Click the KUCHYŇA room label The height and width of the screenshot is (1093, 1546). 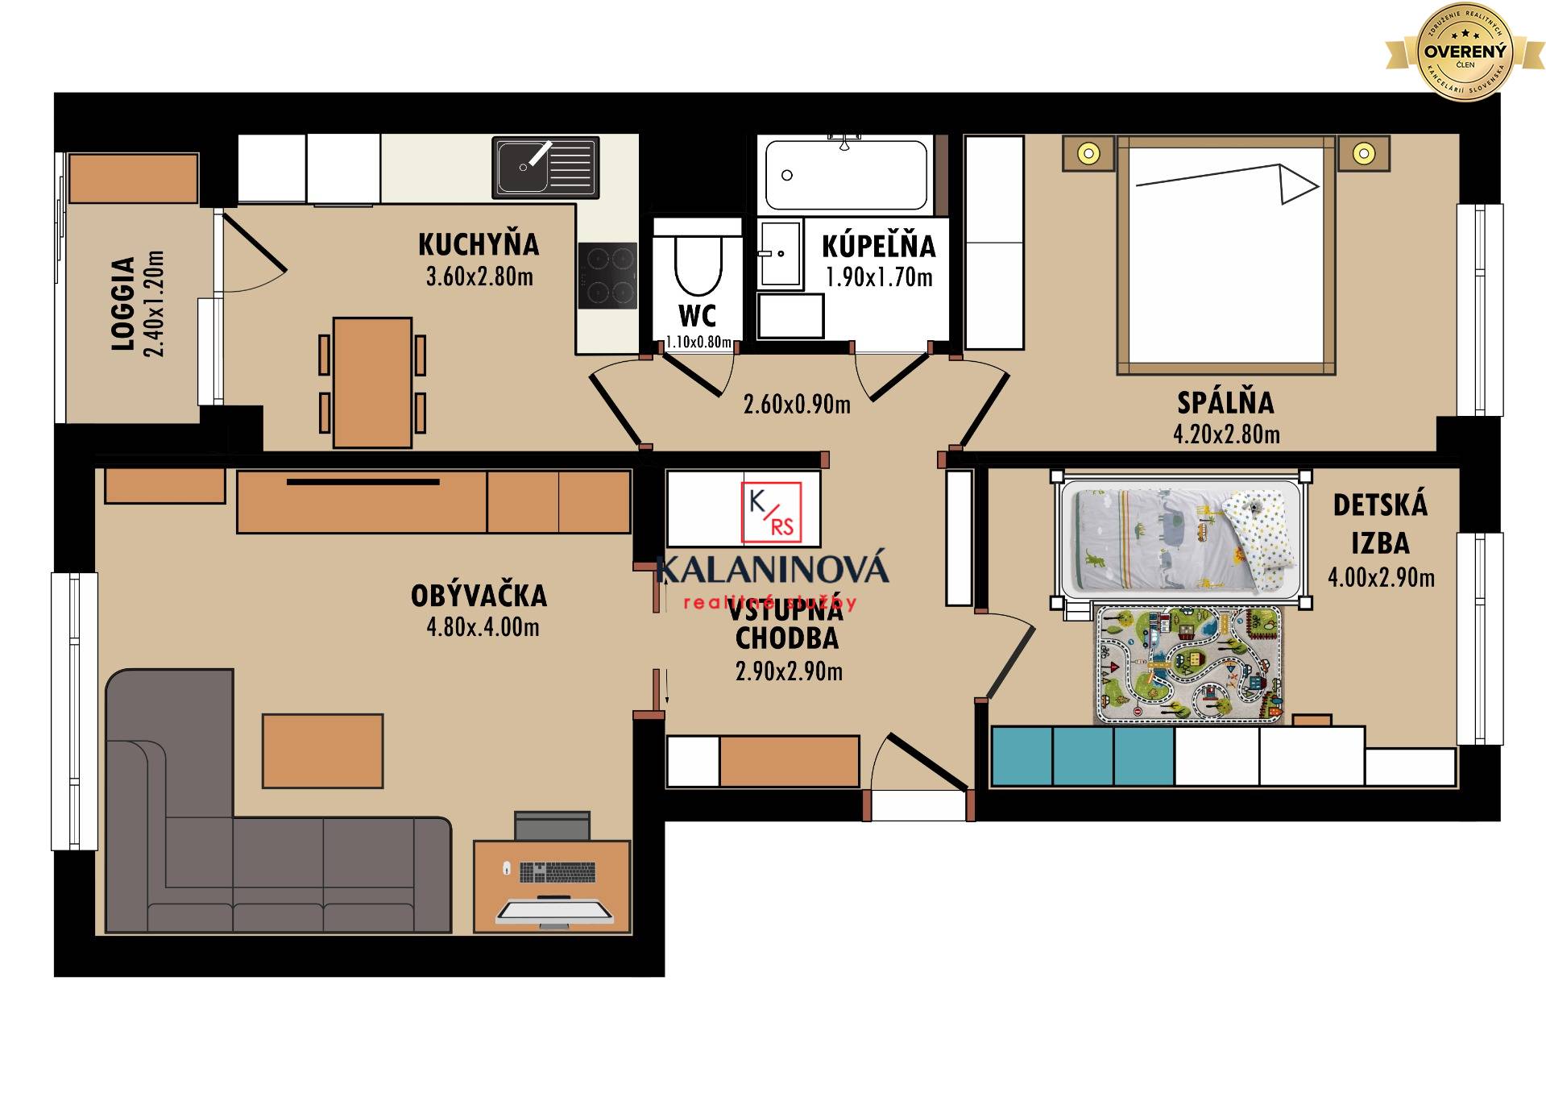pos(479,244)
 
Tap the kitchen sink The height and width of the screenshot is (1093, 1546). pos(545,168)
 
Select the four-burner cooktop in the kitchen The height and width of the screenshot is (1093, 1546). pos(607,275)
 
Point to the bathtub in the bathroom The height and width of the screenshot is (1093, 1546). pos(845,175)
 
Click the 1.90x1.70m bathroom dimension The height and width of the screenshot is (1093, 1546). pos(879,278)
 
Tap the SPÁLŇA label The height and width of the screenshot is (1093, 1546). pos(1225,402)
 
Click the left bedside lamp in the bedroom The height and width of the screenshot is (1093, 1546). pos(1088,153)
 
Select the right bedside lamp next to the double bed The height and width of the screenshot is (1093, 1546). pos(1363,153)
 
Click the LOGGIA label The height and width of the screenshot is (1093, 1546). pos(122,304)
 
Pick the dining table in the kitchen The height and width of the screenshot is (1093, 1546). pos(372,382)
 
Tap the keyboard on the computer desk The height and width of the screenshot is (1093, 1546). pos(557,871)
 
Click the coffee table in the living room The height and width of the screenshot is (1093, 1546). pos(322,750)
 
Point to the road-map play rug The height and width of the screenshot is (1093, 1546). pos(1187,664)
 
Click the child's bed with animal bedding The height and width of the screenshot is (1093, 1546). pos(1180,538)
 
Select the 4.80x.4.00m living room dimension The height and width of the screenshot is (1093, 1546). pos(483,627)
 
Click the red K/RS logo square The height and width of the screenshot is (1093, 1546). pos(771,512)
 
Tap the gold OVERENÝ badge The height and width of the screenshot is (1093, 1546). pos(1464,52)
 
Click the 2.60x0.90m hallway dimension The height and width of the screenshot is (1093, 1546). pos(797,405)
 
